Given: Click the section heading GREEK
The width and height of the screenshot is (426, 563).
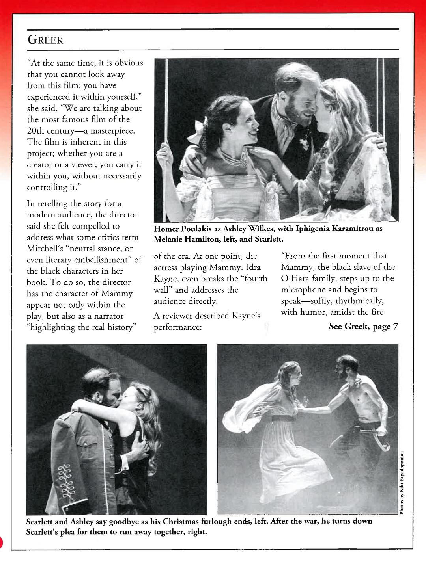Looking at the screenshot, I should [44, 40].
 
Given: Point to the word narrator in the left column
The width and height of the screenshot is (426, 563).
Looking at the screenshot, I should [108, 316].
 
